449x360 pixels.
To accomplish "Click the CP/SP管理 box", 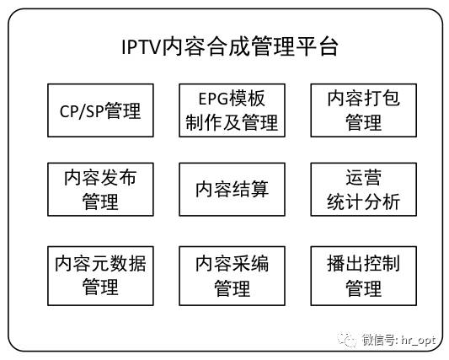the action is [x=100, y=110].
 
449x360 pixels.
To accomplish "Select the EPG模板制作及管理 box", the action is [x=232, y=110].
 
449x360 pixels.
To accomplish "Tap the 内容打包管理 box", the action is [x=364, y=110].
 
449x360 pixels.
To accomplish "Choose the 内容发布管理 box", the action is [x=100, y=190].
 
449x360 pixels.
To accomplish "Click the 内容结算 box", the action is [x=232, y=190].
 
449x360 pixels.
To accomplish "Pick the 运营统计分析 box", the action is [x=364, y=190].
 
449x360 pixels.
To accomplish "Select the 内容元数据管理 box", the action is [x=100, y=276].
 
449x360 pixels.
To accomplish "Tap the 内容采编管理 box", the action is [x=232, y=276].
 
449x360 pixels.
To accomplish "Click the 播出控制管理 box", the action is [x=364, y=276].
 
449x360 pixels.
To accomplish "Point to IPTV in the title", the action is [x=141, y=46].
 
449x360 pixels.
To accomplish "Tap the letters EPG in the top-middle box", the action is [x=213, y=99].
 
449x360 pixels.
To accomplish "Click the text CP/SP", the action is [x=82, y=111].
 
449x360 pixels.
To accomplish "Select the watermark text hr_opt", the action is [x=418, y=340].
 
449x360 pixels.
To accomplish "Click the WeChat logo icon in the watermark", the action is [x=347, y=340].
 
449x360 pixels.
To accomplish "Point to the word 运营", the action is [x=364, y=178].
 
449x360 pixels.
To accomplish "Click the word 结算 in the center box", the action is [x=250, y=189].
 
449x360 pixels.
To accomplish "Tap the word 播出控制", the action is [x=364, y=264].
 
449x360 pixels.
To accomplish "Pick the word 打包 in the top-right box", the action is [x=382, y=98].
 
